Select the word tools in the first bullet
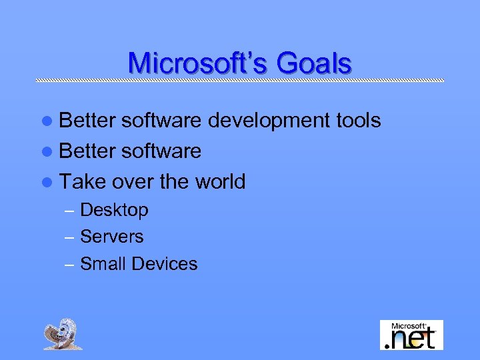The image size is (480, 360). [357, 121]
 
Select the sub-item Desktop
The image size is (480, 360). [114, 210]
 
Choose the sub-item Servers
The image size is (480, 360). [111, 237]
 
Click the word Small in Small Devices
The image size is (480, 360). [103, 264]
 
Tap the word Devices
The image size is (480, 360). [165, 264]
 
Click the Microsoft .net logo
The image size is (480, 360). [411, 335]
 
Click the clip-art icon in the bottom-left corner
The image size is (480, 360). [64, 334]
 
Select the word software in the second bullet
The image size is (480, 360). [160, 151]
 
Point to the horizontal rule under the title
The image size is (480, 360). [240, 81]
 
